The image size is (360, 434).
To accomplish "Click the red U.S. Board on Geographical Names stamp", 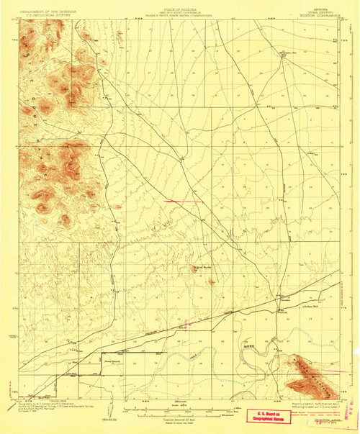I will (268, 414).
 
